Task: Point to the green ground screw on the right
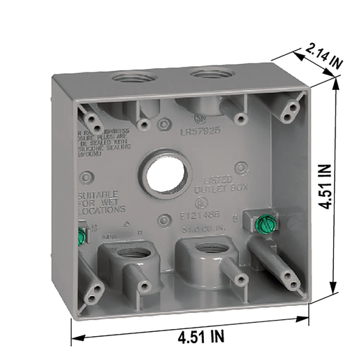point(266,224)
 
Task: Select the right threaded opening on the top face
point(209,74)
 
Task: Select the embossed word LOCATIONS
point(103,210)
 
